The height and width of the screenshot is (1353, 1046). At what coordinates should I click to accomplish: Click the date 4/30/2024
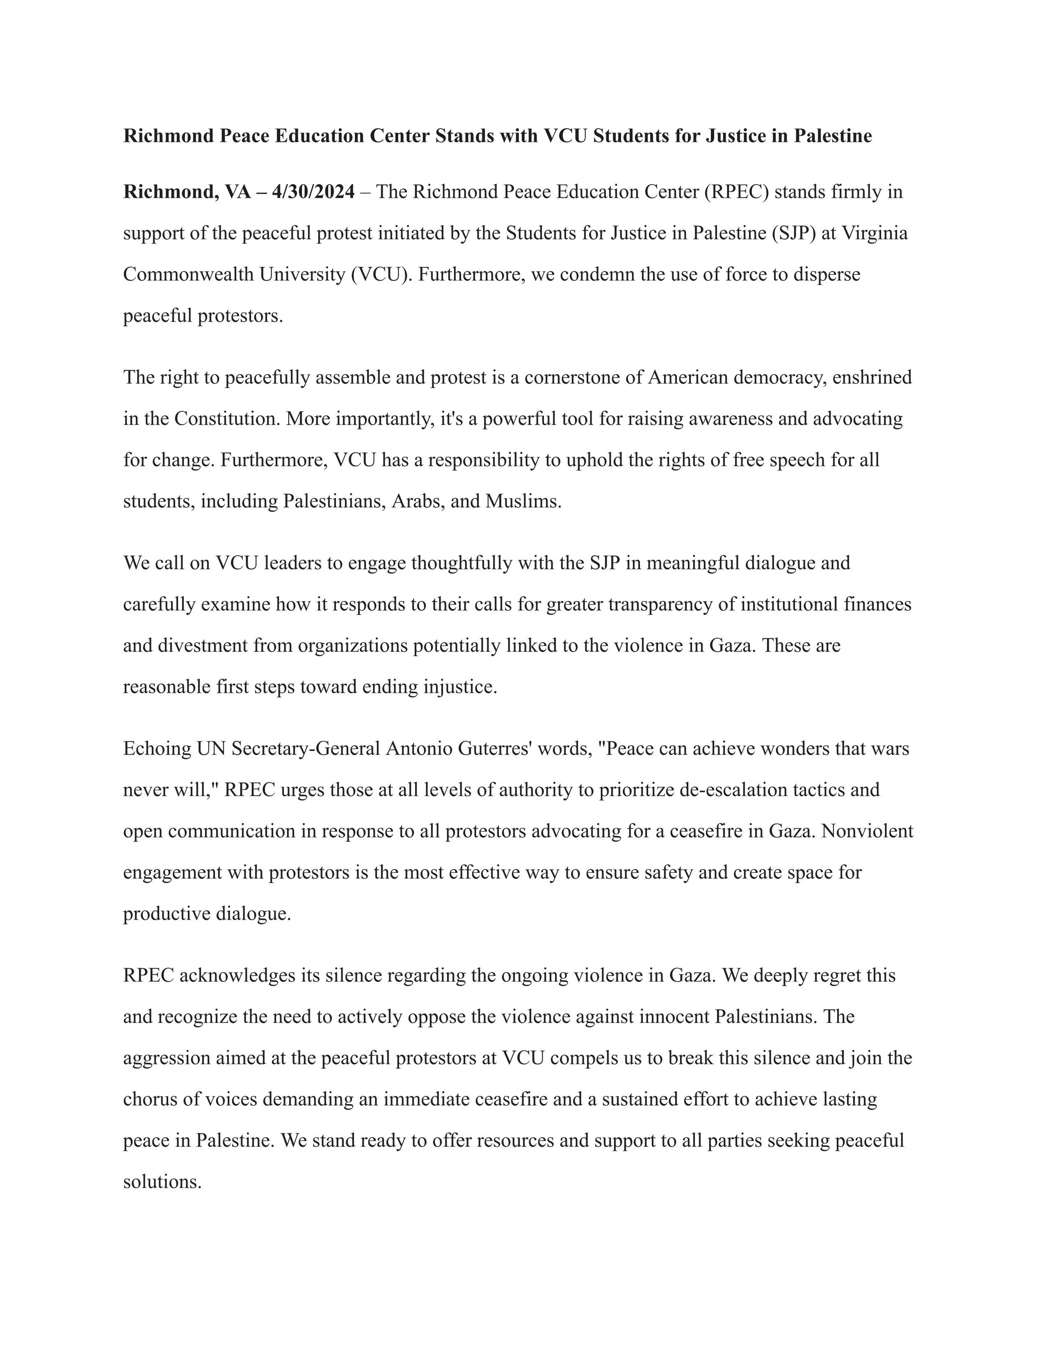click(313, 192)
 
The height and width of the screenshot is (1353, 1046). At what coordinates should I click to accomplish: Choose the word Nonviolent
click(867, 831)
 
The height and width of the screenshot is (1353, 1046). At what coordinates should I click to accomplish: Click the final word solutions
click(162, 1181)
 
